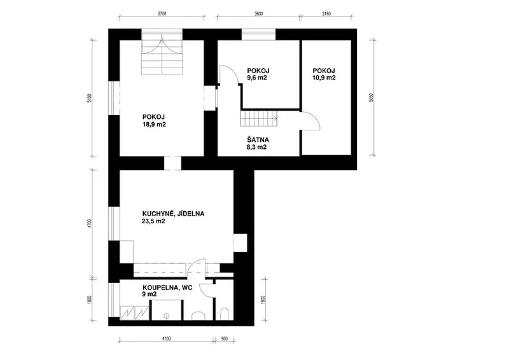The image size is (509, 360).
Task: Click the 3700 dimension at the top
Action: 162,13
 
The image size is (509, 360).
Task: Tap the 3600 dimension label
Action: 258,13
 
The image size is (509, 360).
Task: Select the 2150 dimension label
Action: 326,13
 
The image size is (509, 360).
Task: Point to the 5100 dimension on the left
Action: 90,98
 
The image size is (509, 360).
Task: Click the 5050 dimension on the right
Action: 372,97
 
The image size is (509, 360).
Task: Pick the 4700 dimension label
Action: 90,224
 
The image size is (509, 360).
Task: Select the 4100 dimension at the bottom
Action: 166,339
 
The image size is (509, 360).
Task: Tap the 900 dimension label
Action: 225,339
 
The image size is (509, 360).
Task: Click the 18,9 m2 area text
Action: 154,124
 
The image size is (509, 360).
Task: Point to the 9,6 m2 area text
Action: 257,78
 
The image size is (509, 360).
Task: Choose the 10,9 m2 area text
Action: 324,78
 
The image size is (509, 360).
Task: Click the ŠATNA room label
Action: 258,140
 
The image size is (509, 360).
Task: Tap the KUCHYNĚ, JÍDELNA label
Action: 173,214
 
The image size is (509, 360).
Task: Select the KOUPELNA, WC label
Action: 167,287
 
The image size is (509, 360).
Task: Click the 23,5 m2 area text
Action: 153,221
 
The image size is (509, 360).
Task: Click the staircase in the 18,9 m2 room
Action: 162,53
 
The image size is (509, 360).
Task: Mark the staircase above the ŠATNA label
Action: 259,118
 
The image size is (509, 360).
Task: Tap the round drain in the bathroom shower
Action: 167,315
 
